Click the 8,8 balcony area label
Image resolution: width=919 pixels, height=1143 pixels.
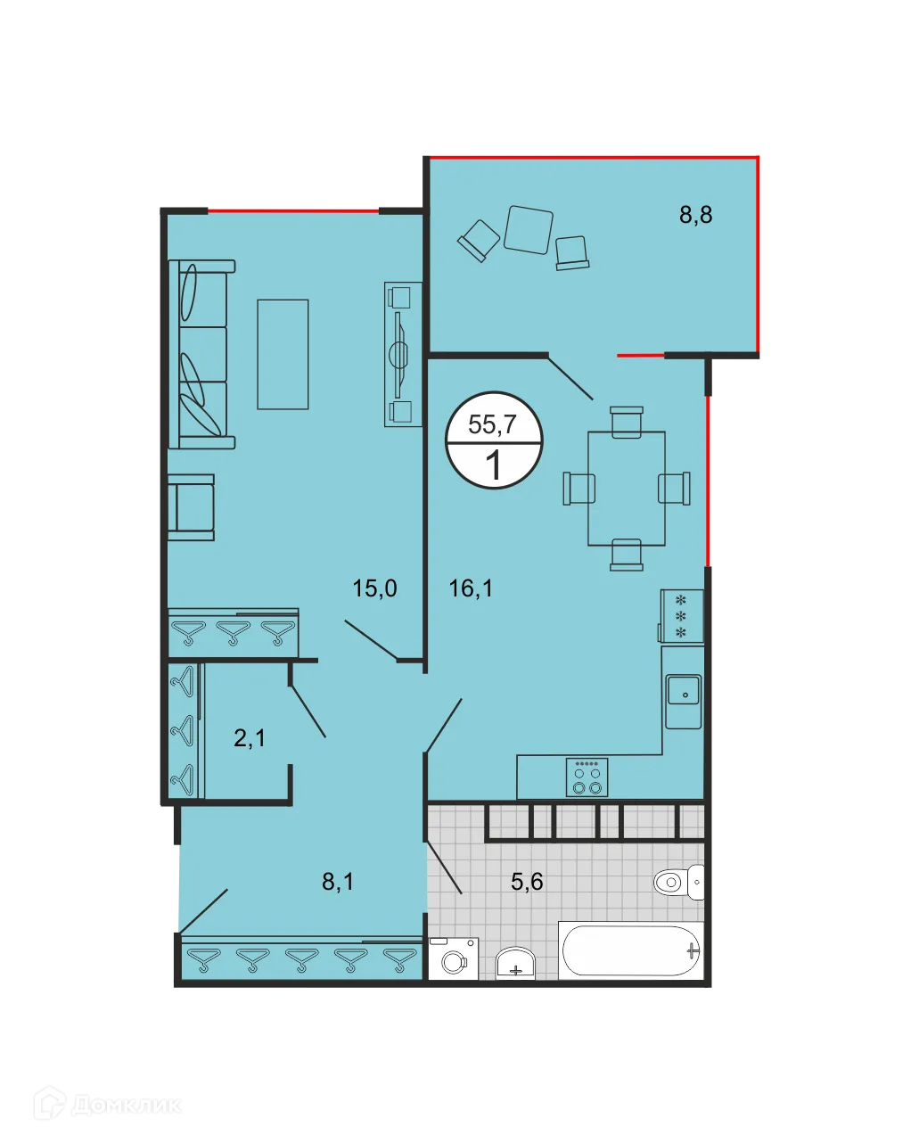tap(695, 215)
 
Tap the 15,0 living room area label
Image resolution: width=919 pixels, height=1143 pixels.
tap(374, 588)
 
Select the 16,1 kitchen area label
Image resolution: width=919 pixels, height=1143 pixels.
tap(471, 588)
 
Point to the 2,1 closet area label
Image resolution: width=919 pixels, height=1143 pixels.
tap(250, 738)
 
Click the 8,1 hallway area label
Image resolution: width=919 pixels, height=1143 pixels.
tap(338, 882)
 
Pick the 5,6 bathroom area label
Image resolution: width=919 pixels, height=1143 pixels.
tap(527, 882)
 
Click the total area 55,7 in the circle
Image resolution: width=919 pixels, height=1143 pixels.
tap(492, 424)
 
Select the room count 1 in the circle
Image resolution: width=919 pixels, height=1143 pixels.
tap(493, 465)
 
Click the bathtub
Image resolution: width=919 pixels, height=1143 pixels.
tap(631, 951)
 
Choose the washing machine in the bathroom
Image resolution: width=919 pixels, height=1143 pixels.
tap(454, 959)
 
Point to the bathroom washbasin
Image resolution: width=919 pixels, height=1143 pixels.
tap(514, 963)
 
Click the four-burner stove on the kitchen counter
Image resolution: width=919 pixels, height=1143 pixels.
tap(587, 777)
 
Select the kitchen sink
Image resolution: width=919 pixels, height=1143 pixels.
tap(684, 690)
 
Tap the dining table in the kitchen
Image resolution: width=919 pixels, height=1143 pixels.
tap(627, 489)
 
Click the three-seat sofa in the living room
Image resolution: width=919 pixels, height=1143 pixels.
tap(202, 354)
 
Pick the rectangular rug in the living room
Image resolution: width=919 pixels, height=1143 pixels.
tap(283, 354)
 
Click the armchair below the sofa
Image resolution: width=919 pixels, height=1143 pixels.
tap(193, 507)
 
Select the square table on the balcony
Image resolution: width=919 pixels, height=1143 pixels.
tap(528, 229)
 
